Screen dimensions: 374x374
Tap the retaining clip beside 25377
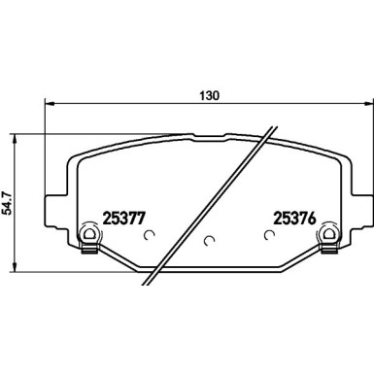[x=85, y=236]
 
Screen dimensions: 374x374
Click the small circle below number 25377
[x=149, y=234]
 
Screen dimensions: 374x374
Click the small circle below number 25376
[x=270, y=234]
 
